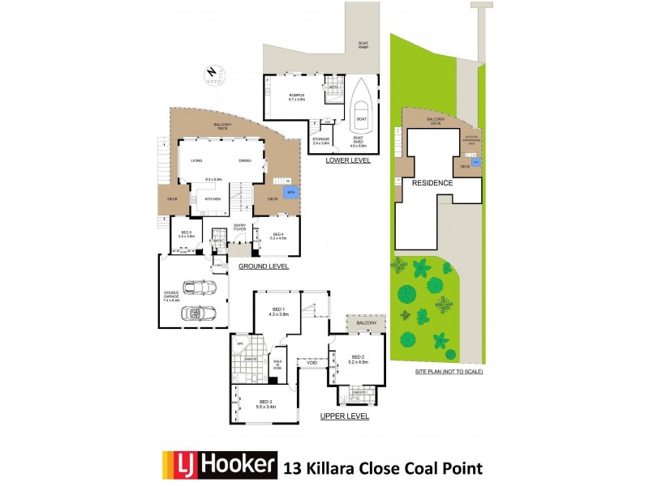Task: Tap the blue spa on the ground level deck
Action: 290,194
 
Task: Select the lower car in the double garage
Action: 195,312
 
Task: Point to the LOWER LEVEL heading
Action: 347,160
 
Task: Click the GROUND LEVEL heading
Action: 264,266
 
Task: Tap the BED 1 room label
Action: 278,312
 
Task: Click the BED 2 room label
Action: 359,360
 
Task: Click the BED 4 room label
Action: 277,237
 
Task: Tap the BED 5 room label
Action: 186,234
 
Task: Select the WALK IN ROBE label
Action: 277,365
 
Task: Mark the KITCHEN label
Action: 213,198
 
